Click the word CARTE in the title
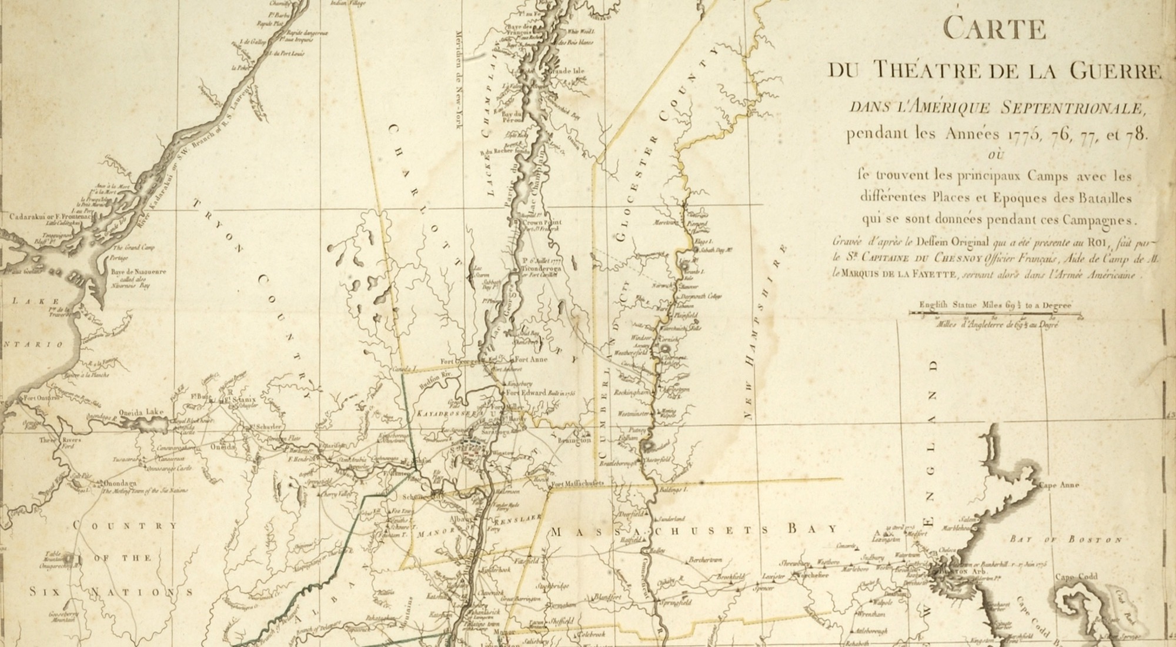point(994,28)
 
